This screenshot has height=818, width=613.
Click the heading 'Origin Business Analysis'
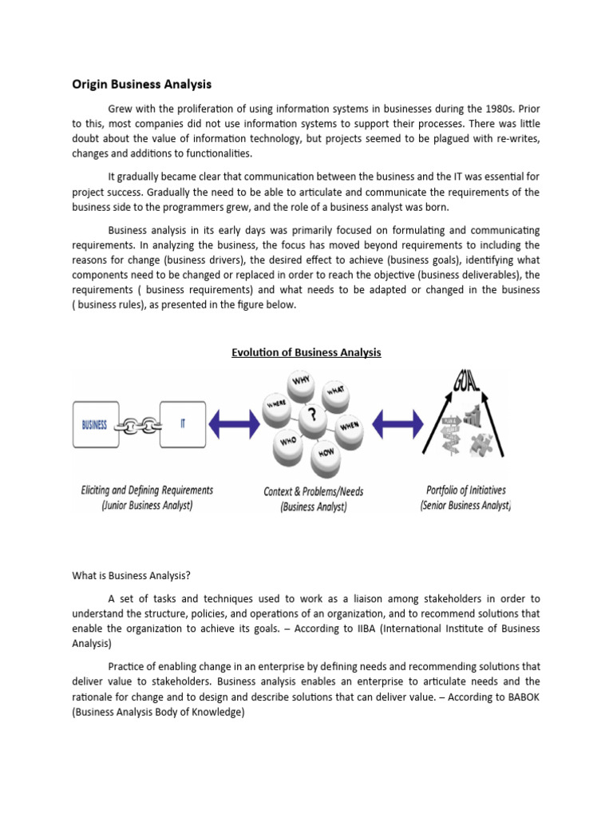pos(141,84)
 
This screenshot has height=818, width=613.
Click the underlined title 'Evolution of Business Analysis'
pos(306,352)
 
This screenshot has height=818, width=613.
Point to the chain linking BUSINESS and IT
pos(139,426)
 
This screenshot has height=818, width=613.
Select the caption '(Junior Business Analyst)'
pos(147,506)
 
